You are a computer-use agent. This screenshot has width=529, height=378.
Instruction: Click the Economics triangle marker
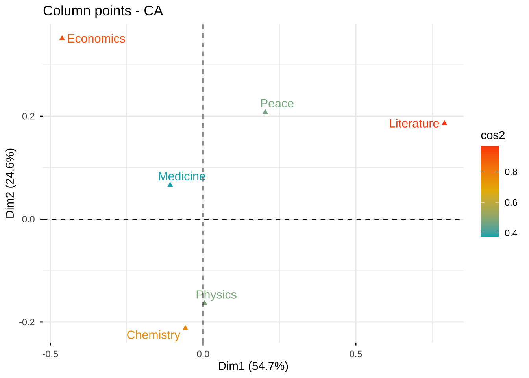click(x=62, y=38)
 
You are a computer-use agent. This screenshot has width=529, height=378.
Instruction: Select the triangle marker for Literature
click(x=444, y=123)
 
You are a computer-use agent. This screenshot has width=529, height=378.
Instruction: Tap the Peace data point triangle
click(x=265, y=112)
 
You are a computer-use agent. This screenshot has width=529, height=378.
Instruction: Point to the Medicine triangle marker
click(x=170, y=184)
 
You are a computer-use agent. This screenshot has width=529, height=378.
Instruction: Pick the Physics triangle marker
click(x=205, y=303)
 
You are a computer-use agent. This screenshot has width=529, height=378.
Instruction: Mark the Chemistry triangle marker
click(x=185, y=328)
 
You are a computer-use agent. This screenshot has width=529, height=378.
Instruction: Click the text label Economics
click(x=96, y=39)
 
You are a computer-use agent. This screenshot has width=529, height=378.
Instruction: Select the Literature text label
click(x=414, y=124)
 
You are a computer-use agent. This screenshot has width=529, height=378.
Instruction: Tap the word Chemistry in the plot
click(x=153, y=335)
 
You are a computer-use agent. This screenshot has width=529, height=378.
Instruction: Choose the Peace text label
click(x=277, y=104)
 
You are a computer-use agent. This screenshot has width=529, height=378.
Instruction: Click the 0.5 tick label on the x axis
click(x=355, y=354)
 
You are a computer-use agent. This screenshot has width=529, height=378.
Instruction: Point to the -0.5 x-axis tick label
click(x=50, y=354)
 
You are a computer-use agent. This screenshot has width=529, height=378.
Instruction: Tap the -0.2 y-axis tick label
click(x=27, y=322)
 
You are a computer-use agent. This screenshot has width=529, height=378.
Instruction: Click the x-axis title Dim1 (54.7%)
click(x=253, y=366)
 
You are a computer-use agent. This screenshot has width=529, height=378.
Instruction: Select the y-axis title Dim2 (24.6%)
click(x=10, y=183)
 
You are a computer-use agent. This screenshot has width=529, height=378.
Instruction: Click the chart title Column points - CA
click(x=103, y=11)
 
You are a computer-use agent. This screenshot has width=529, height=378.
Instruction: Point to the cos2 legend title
click(x=492, y=135)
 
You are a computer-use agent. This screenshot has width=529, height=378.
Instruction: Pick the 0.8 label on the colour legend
click(x=511, y=172)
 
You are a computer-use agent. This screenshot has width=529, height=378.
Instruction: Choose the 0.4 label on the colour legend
click(x=511, y=233)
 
